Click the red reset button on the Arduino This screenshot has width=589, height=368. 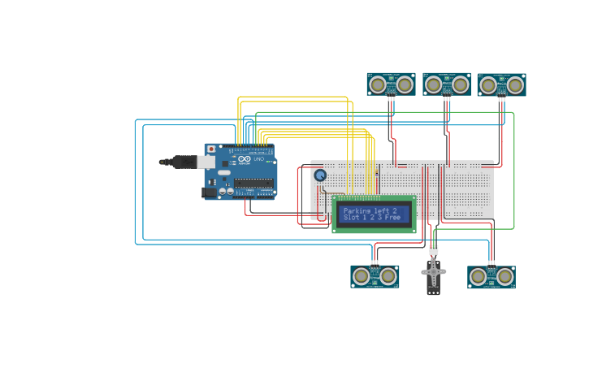click(211, 149)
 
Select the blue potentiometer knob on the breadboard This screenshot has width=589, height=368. click(320, 175)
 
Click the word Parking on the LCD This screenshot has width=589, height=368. click(357, 210)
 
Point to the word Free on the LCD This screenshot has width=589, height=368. click(393, 218)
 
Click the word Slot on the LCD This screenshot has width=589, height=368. click(351, 218)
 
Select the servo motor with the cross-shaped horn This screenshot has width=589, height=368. click(434, 274)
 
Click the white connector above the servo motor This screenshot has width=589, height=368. click(434, 249)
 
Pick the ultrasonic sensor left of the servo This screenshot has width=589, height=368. click(375, 276)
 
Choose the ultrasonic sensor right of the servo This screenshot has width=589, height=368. click(492, 277)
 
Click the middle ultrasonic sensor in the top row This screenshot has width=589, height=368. click(447, 84)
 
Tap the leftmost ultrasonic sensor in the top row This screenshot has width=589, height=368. click(391, 84)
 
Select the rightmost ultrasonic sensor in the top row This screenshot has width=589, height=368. click(501, 85)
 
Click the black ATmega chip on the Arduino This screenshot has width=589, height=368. click(253, 183)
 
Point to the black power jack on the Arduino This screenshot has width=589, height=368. click(210, 193)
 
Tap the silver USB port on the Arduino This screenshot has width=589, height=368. click(206, 162)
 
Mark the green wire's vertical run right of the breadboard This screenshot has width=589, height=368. click(514, 171)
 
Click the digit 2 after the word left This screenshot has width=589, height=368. click(395, 210)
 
